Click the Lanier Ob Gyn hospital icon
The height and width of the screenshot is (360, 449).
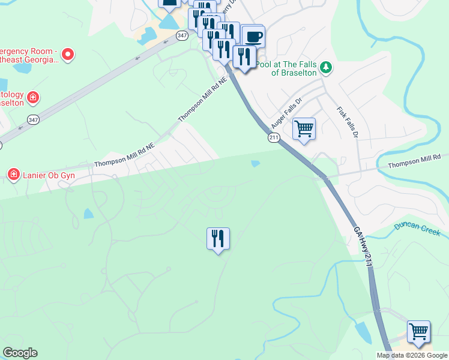[x=13, y=174]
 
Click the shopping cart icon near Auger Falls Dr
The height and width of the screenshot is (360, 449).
[x=304, y=128]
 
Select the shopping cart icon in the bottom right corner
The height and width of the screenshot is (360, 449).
[x=418, y=331]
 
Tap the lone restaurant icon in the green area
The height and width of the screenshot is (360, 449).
[x=218, y=238]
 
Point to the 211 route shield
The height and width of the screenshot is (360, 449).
[x=274, y=138]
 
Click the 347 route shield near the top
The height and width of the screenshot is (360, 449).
[x=182, y=36]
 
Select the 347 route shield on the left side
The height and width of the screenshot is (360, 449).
[x=34, y=119]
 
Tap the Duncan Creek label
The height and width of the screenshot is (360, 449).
[x=417, y=229]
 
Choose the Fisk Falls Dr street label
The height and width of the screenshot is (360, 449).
[x=348, y=122]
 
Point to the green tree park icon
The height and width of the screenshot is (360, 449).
[x=326, y=67]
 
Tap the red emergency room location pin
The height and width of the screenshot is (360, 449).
[x=68, y=55]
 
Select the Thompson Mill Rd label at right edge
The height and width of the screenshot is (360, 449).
[x=414, y=161]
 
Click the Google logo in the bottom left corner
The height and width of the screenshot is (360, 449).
[x=20, y=353]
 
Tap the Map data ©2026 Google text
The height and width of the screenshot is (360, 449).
[x=411, y=355]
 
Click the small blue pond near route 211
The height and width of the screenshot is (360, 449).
[x=255, y=163]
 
